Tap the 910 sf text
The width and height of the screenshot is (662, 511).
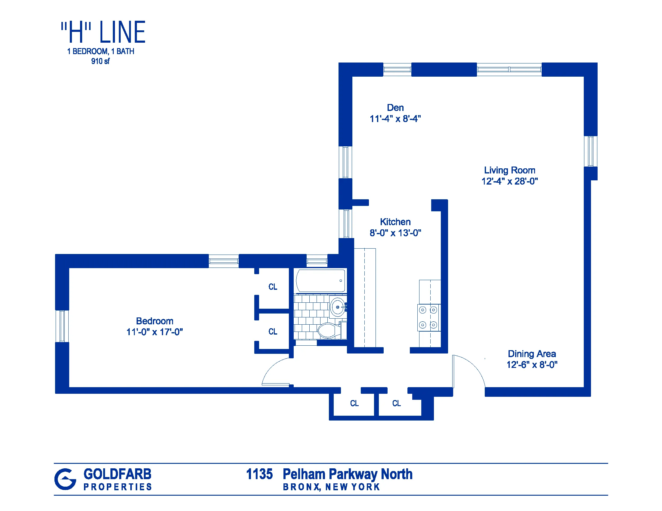(x=100, y=61)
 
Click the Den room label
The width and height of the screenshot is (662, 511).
(x=395, y=108)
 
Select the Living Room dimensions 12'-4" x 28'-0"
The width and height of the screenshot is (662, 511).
(x=509, y=181)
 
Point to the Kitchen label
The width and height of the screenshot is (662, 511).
(x=395, y=222)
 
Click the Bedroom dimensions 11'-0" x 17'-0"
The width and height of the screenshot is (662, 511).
(x=155, y=332)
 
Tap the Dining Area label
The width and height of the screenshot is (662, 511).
(x=532, y=353)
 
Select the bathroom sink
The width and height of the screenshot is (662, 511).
(x=338, y=307)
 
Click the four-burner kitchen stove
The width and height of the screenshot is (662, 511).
(x=428, y=317)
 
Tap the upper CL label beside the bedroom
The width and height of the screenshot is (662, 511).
(x=273, y=287)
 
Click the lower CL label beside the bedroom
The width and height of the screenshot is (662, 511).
(x=273, y=332)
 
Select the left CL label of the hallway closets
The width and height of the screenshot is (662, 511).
(x=354, y=403)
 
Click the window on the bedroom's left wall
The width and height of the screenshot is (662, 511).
(x=62, y=326)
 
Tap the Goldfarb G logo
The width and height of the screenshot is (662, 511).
(x=65, y=479)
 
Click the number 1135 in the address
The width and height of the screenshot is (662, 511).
(x=259, y=474)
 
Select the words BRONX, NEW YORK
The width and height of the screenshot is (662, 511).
(x=331, y=487)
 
